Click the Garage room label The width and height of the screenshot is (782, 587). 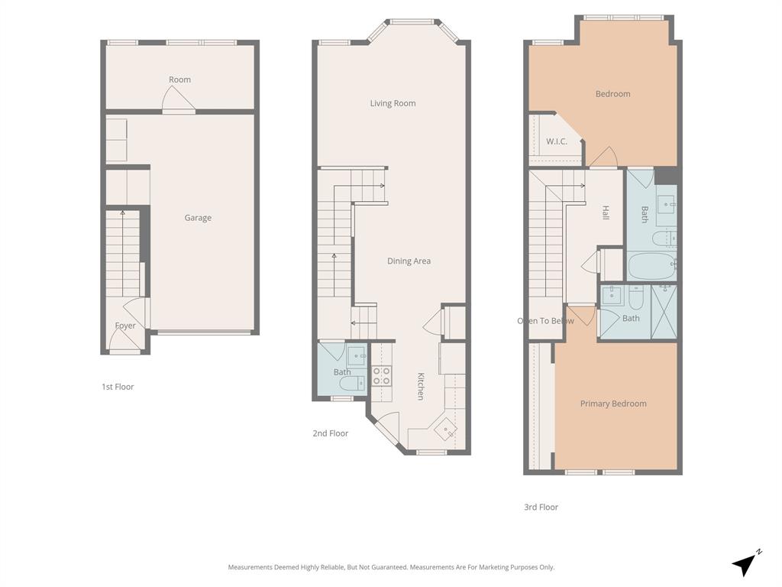point(198,218)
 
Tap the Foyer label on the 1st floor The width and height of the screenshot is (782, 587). point(125,326)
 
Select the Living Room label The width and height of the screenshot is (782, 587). point(393,103)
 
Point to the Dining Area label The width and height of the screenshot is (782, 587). point(409,261)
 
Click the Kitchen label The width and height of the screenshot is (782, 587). point(421,386)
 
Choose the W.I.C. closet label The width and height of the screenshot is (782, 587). point(556,141)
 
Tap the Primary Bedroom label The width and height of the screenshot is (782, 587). point(612,404)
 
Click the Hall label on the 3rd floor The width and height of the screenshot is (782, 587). point(606,212)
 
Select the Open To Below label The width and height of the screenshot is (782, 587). point(545,321)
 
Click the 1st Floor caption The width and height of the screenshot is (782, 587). point(118,387)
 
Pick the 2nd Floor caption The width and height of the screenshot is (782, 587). point(330,433)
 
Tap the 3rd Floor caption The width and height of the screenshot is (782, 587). point(541,507)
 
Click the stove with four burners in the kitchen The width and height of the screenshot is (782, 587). point(381,375)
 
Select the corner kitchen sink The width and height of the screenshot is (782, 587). point(444,430)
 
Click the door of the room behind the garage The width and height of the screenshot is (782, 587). point(178,99)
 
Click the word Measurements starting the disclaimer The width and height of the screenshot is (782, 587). point(250,567)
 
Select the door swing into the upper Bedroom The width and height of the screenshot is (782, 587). point(603,157)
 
